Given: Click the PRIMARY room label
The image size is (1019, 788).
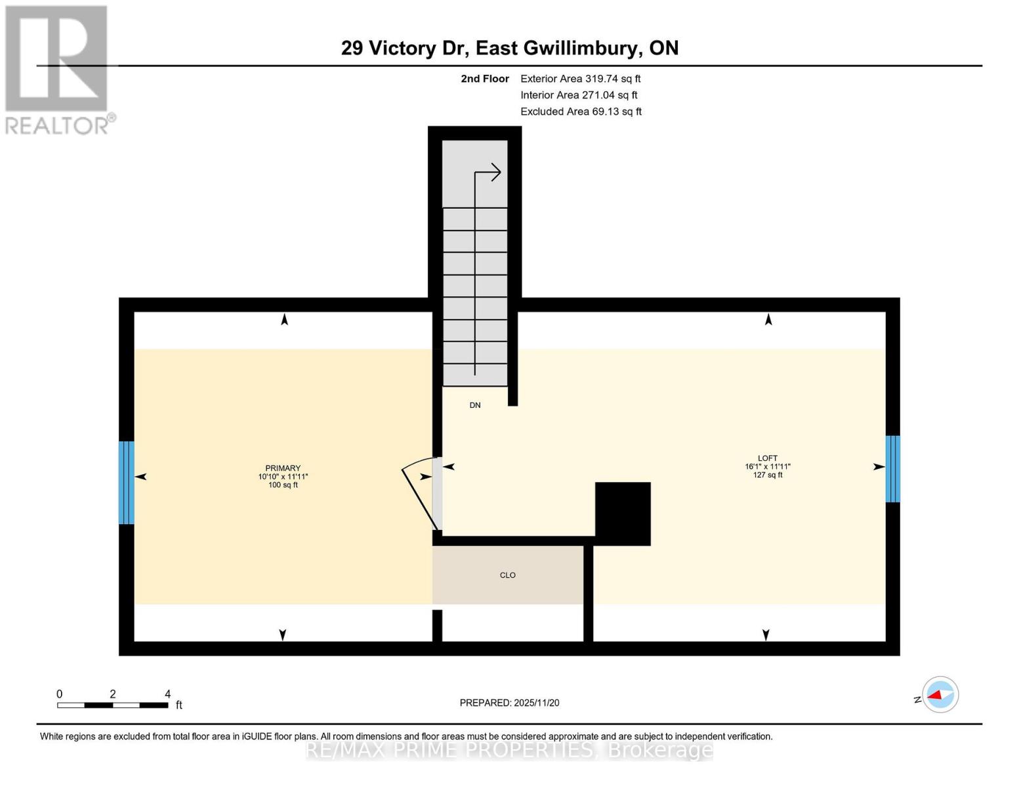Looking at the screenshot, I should (x=283, y=468).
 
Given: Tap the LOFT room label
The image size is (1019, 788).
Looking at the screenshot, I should (x=767, y=458).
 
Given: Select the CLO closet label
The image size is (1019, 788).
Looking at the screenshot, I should (x=507, y=575).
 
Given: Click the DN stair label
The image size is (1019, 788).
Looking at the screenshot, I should (x=475, y=405).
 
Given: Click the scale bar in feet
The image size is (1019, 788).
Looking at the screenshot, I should (x=112, y=705).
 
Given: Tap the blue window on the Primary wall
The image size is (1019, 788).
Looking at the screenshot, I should (x=127, y=483).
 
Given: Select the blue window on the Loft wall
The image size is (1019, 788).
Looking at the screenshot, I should (x=892, y=469).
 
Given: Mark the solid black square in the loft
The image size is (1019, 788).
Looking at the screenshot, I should (x=623, y=514).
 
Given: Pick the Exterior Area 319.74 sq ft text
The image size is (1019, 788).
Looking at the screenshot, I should (x=580, y=79).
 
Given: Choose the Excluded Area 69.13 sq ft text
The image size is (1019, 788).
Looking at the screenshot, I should (x=581, y=112).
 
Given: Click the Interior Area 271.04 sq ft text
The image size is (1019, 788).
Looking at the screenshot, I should (x=579, y=95).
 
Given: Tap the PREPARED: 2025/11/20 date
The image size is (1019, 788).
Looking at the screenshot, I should (x=509, y=703).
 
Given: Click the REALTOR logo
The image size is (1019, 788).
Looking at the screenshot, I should (x=58, y=69).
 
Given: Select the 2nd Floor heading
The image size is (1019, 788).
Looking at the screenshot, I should (x=485, y=79).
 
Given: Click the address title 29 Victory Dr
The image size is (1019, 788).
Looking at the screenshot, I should (x=509, y=48).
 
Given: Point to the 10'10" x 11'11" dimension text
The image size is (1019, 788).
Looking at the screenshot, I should (x=283, y=477).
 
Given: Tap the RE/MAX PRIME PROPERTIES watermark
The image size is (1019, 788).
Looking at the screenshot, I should (x=509, y=749).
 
